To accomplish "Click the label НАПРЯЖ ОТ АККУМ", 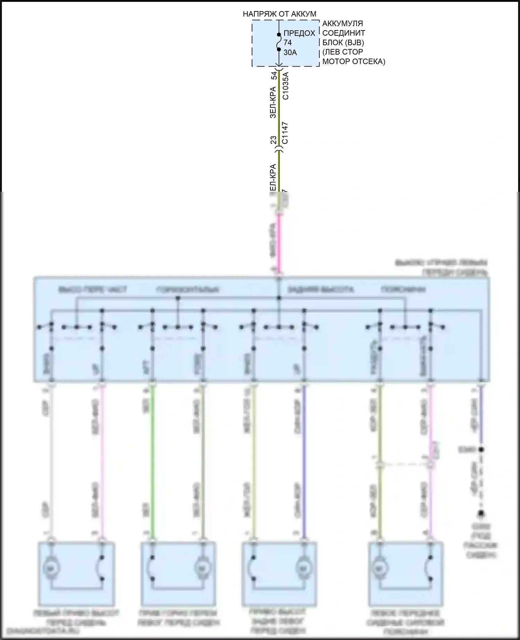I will [x=279, y=14].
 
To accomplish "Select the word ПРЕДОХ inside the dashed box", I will [x=299, y=33].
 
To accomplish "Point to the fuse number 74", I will [x=287, y=43].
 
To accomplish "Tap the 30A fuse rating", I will [x=290, y=53].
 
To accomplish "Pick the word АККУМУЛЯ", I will [x=343, y=24].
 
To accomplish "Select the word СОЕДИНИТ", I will [x=344, y=33].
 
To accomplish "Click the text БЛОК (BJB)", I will [x=343, y=43].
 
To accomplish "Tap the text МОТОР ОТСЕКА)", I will [x=354, y=62].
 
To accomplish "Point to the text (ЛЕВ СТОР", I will [x=343, y=52].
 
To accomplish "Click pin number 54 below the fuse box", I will [x=274, y=75].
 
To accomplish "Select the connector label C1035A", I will [x=286, y=86].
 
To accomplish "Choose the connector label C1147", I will [x=285, y=133].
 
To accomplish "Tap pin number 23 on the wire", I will [x=274, y=140].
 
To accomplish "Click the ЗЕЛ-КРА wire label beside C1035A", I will [x=274, y=102].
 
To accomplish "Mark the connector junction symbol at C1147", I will [x=279, y=150].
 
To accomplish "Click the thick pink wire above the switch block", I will [x=279, y=243].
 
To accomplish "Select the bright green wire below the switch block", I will [x=152, y=461].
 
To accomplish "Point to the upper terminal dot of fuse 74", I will [x=279, y=35].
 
